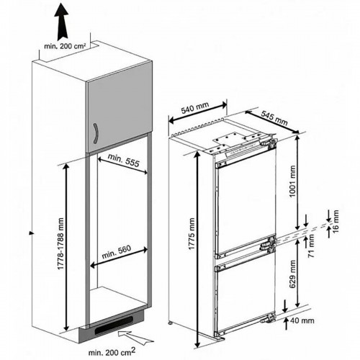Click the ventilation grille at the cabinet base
[116, 328]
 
